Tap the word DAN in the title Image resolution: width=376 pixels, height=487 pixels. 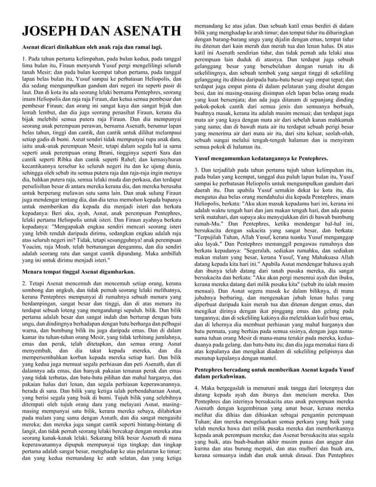tap(99, 32)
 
